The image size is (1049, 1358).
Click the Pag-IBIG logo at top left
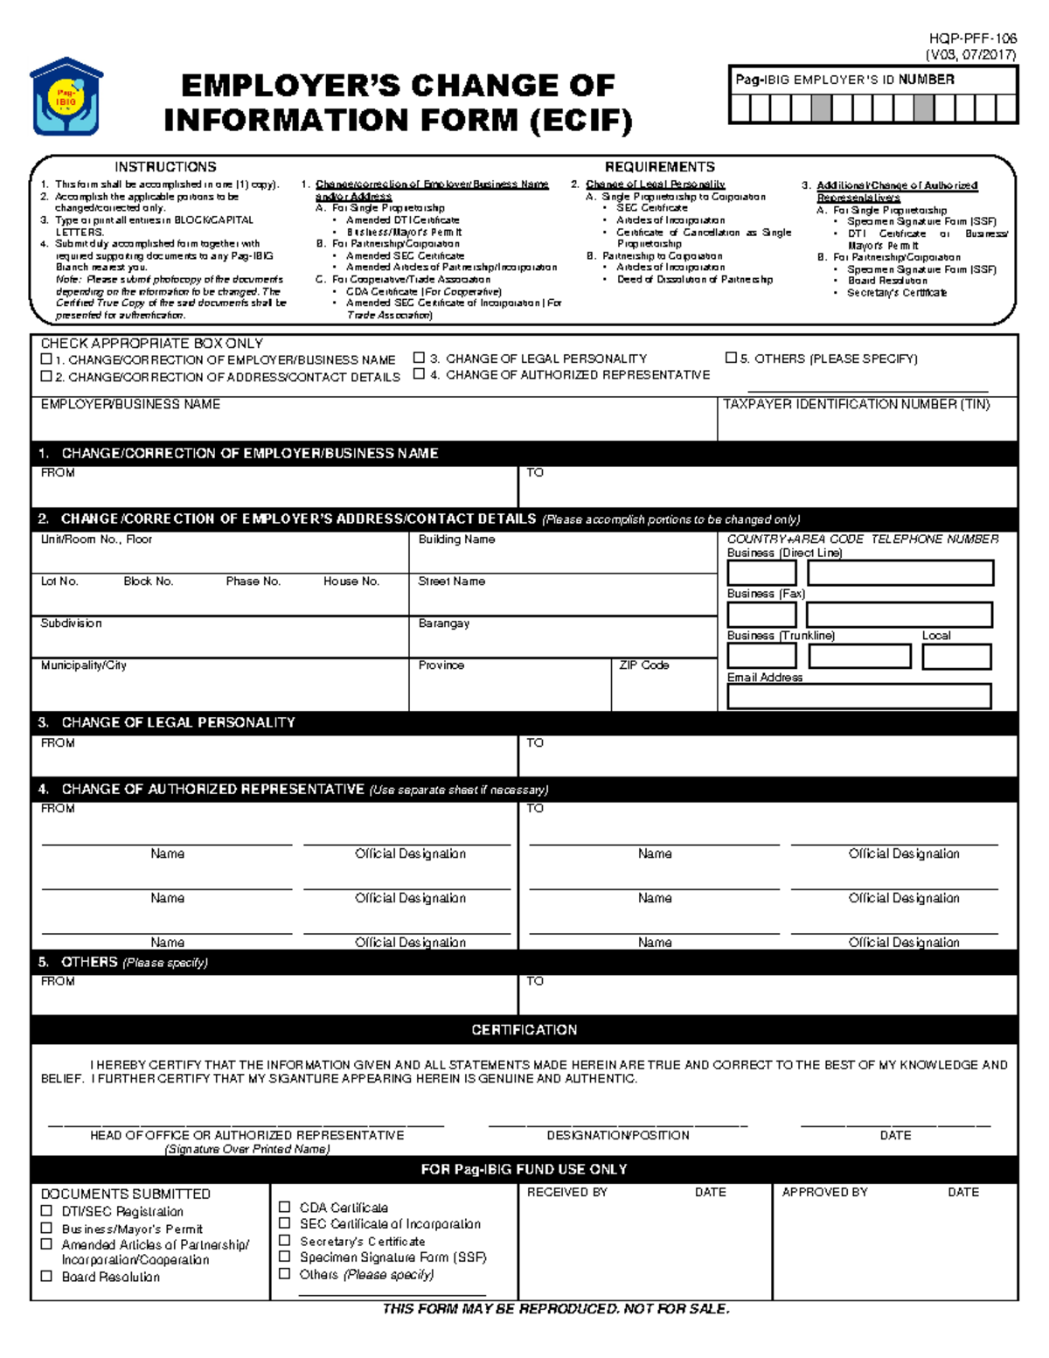pyautogui.click(x=66, y=97)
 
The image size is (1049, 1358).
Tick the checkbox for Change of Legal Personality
pyautogui.click(x=420, y=358)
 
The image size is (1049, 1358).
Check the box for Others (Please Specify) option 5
pyautogui.click(x=731, y=358)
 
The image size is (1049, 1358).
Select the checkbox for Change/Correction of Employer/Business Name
pyautogui.click(x=46, y=359)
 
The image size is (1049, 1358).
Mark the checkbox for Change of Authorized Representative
pyautogui.click(x=420, y=374)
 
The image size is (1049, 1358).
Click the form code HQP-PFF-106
pyautogui.click(x=972, y=38)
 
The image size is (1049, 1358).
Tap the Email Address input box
pyautogui.click(x=858, y=696)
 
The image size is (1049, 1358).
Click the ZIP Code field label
pyautogui.click(x=643, y=665)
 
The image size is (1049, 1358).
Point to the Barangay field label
pyautogui.click(x=443, y=623)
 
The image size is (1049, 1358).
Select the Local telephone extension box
pyautogui.click(x=956, y=656)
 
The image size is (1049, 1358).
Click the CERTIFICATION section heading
pyautogui.click(x=524, y=1030)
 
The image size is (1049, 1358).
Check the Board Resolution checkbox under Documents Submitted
pyautogui.click(x=47, y=1277)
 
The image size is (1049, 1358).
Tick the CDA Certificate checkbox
pyautogui.click(x=284, y=1207)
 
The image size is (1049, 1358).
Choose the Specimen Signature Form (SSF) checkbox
pyautogui.click(x=284, y=1257)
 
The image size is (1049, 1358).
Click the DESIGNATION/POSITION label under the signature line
pyautogui.click(x=617, y=1135)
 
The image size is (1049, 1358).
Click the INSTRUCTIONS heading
pyautogui.click(x=165, y=166)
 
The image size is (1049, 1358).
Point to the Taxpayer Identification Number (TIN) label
pyautogui.click(x=856, y=404)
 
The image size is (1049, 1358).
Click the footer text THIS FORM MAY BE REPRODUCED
pyautogui.click(x=555, y=1309)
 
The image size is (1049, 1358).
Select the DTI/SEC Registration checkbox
pyautogui.click(x=47, y=1211)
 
